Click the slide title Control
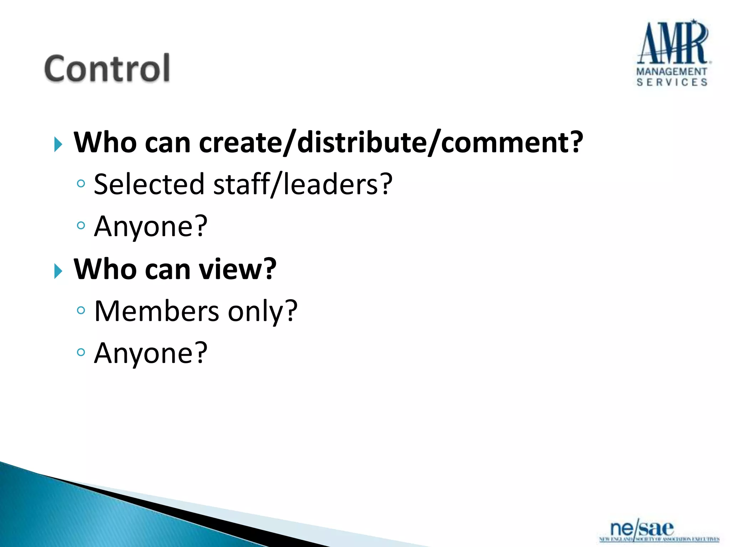(107, 68)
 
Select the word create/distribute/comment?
(391, 142)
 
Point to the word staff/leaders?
(303, 184)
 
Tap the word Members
(156, 311)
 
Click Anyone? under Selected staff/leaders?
(150, 226)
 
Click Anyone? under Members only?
(150, 353)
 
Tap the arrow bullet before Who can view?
(58, 271)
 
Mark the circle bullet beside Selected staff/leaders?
(81, 184)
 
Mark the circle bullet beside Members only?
(81, 311)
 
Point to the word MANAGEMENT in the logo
(672, 72)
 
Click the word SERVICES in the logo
(672, 82)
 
